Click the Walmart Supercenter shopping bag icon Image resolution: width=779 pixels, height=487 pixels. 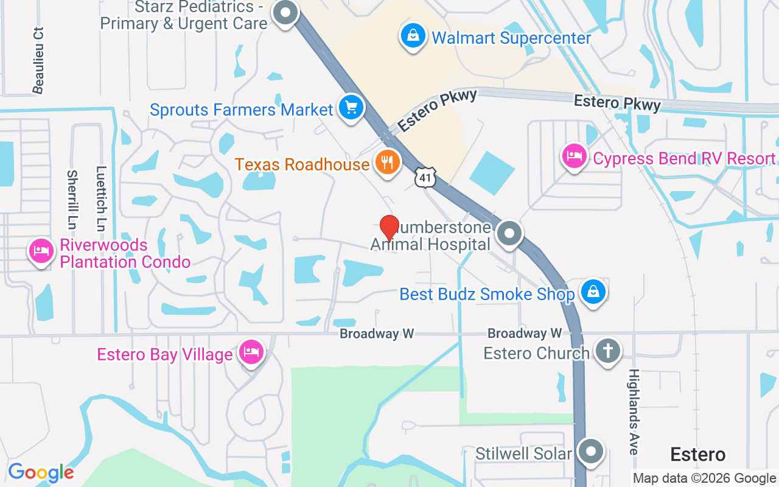(x=413, y=35)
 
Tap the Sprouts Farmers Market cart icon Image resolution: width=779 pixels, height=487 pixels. (x=351, y=108)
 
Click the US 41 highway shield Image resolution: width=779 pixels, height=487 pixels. (x=425, y=177)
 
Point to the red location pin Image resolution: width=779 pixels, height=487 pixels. (x=389, y=228)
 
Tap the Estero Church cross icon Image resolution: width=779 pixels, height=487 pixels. (x=607, y=351)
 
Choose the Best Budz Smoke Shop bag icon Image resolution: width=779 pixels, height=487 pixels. (x=593, y=292)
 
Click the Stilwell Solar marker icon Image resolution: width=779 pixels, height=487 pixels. (x=590, y=452)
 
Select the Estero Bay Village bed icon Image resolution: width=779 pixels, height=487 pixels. (x=251, y=352)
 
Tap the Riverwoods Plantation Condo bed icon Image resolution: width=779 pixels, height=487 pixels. (x=41, y=251)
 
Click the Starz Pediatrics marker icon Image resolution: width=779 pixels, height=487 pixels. (x=284, y=12)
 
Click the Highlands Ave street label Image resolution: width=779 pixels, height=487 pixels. (x=634, y=412)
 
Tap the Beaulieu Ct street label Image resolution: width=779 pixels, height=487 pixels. (x=39, y=60)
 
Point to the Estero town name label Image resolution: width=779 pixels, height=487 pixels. (x=697, y=454)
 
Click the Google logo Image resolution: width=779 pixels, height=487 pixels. (x=41, y=472)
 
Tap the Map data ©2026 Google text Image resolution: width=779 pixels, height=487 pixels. (x=704, y=478)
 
